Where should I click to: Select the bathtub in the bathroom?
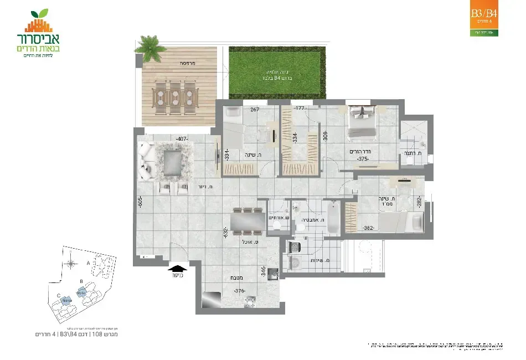click(333, 219)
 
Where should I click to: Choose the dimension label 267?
click(255, 109)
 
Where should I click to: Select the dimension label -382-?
click(369, 227)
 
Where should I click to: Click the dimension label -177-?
click(301, 108)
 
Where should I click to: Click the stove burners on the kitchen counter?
click(250, 300)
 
